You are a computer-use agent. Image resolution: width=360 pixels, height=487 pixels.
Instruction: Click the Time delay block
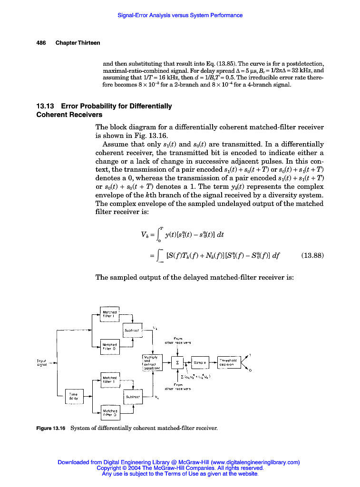pos(74,396)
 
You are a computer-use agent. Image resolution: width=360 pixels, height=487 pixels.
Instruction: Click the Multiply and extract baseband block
pos(152,362)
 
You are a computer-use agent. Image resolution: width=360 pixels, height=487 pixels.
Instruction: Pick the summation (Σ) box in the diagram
pos(178,363)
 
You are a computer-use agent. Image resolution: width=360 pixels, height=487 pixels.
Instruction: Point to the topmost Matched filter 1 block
pos(109,314)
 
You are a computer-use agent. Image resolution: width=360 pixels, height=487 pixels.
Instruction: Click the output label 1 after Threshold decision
pos(250,355)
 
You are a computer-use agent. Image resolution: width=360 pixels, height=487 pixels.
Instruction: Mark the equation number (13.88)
pos(312,255)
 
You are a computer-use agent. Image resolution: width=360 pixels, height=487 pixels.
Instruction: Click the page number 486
pos(41,43)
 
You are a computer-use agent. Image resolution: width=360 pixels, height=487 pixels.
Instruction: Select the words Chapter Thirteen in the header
pos(78,43)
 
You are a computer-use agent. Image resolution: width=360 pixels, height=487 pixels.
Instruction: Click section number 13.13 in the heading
pos(46,106)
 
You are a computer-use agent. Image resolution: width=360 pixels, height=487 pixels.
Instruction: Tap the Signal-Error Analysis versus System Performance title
pos(180,15)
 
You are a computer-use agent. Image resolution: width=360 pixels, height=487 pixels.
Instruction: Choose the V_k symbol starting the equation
pos(145,233)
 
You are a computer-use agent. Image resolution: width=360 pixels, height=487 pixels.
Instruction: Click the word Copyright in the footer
pos(111,468)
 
